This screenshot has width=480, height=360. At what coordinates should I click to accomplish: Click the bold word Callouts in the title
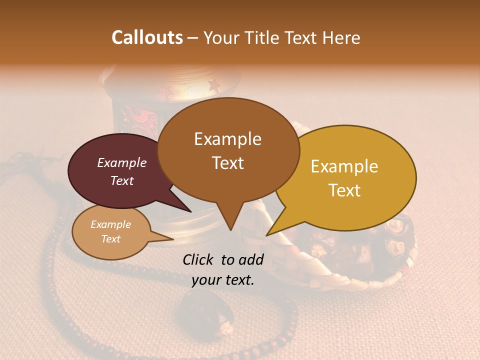147,37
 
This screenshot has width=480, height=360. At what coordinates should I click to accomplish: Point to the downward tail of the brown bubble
229,220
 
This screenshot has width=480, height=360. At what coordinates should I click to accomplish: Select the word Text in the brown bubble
228,163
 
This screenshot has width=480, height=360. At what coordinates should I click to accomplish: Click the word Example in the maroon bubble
121,162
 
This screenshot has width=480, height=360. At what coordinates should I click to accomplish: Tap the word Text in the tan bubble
111,239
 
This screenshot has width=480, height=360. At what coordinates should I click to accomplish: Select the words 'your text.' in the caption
223,280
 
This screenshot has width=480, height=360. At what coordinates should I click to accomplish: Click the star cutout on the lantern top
213,86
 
